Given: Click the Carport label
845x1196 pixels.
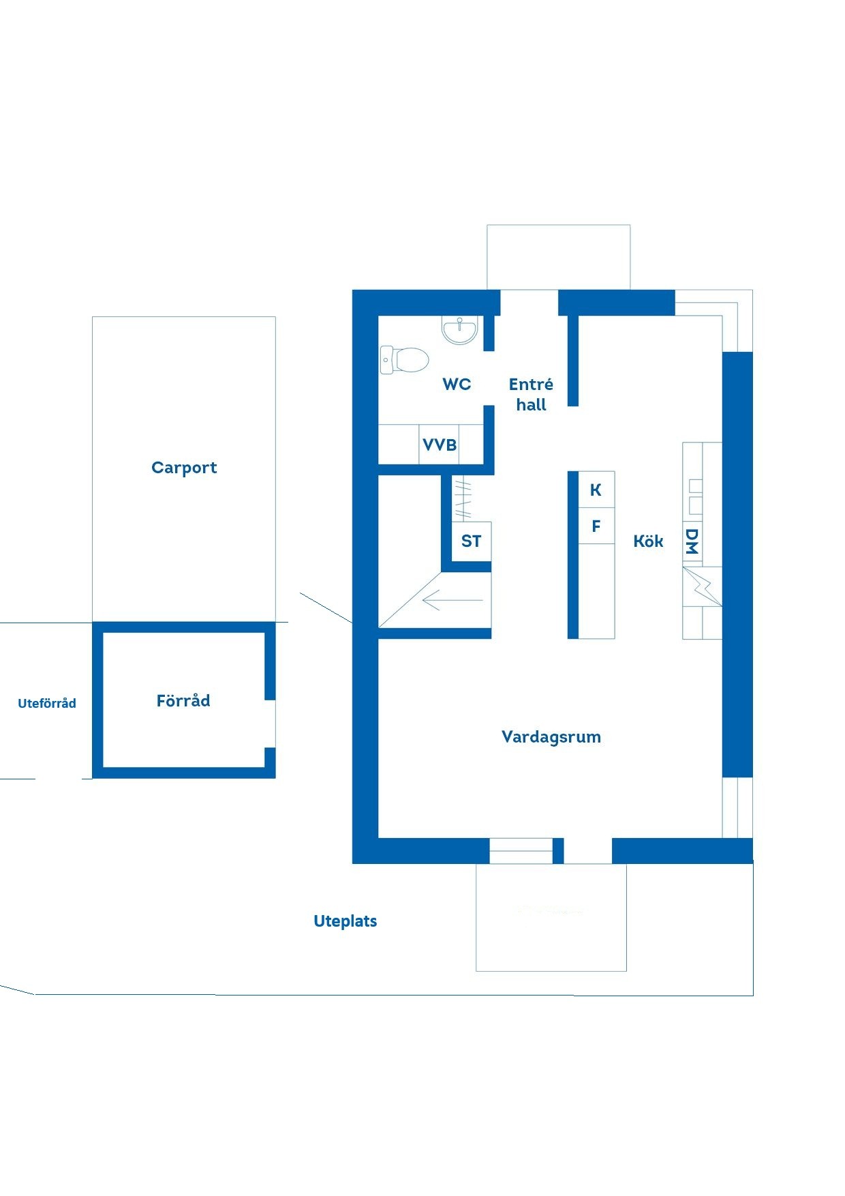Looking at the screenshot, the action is (x=184, y=468).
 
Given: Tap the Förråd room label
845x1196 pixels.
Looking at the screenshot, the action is (x=183, y=700).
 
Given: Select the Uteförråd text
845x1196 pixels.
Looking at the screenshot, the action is (x=47, y=703).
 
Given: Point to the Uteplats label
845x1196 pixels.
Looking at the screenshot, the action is (x=345, y=921).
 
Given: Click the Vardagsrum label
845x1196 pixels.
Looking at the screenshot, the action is (x=551, y=737).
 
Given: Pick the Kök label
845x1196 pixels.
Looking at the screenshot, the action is (x=648, y=541).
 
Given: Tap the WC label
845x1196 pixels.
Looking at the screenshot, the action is (x=457, y=384).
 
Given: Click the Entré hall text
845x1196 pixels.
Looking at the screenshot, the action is (x=531, y=394).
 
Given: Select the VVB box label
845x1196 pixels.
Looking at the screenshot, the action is (x=440, y=445).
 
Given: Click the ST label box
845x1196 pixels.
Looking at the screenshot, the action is (x=471, y=541).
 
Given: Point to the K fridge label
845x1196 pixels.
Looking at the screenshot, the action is (x=596, y=490).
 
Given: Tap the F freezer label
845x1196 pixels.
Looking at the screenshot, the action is (x=596, y=526).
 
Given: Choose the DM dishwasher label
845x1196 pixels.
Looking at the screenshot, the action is (x=692, y=541).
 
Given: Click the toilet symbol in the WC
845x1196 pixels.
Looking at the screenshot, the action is (x=404, y=359).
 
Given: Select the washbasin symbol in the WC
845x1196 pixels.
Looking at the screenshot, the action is (x=460, y=330).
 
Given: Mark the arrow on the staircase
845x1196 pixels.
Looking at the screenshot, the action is (x=452, y=601).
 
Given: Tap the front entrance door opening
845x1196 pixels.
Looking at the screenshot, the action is (x=529, y=303).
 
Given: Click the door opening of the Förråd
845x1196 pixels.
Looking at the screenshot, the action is (x=270, y=723).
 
